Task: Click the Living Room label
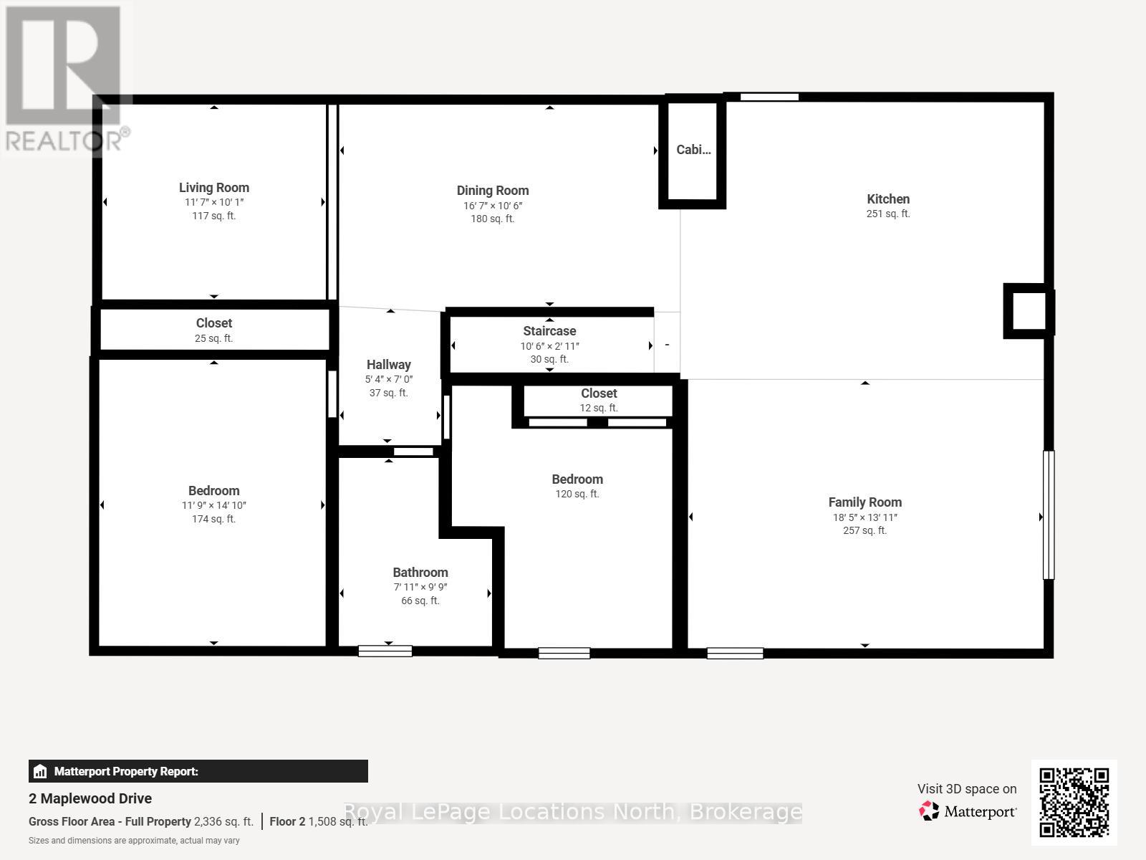pyautogui.click(x=213, y=188)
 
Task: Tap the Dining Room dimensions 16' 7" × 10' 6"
pyautogui.click(x=492, y=206)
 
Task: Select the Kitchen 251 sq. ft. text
pyautogui.click(x=888, y=214)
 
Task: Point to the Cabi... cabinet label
pyautogui.click(x=693, y=150)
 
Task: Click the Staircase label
pyautogui.click(x=549, y=331)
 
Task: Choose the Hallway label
pyautogui.click(x=388, y=365)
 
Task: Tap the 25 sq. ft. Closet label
pyautogui.click(x=213, y=324)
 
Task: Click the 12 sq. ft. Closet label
pyautogui.click(x=599, y=393)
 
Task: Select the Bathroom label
pyautogui.click(x=420, y=573)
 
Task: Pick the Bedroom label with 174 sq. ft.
pyautogui.click(x=213, y=491)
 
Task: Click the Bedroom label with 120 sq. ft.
pyautogui.click(x=577, y=479)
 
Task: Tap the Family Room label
pyautogui.click(x=865, y=502)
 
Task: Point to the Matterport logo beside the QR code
pyautogui.click(x=968, y=811)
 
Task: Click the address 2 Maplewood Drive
pyautogui.click(x=90, y=798)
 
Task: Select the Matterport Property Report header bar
pyautogui.click(x=198, y=771)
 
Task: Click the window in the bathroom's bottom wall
pyautogui.click(x=385, y=651)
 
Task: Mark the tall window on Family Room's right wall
pyautogui.click(x=1049, y=515)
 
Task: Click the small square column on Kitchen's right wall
pyautogui.click(x=1028, y=311)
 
